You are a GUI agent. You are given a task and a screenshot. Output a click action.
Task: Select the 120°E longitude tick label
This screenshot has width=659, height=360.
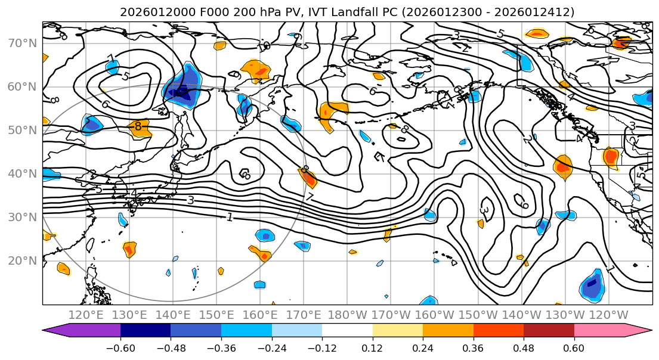(x=83, y=315)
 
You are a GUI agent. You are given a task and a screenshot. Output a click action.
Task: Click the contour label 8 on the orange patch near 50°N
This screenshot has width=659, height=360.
(x=138, y=126)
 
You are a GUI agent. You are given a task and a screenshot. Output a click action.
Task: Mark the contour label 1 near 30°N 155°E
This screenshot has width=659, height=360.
(x=230, y=218)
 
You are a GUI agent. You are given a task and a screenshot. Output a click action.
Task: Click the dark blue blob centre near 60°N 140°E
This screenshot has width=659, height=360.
(x=180, y=94)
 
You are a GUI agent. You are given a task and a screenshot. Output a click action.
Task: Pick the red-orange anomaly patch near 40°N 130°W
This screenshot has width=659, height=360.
(x=562, y=166)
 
